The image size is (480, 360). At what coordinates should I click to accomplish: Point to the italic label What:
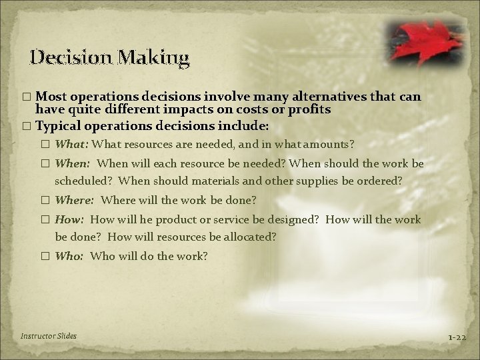pyautogui.click(x=73, y=143)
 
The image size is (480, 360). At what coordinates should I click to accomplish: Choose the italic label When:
pyautogui.click(x=74, y=163)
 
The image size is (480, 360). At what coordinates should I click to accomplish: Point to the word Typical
pyautogui.click(x=59, y=125)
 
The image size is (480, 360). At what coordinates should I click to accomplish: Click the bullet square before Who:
pyautogui.click(x=46, y=256)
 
